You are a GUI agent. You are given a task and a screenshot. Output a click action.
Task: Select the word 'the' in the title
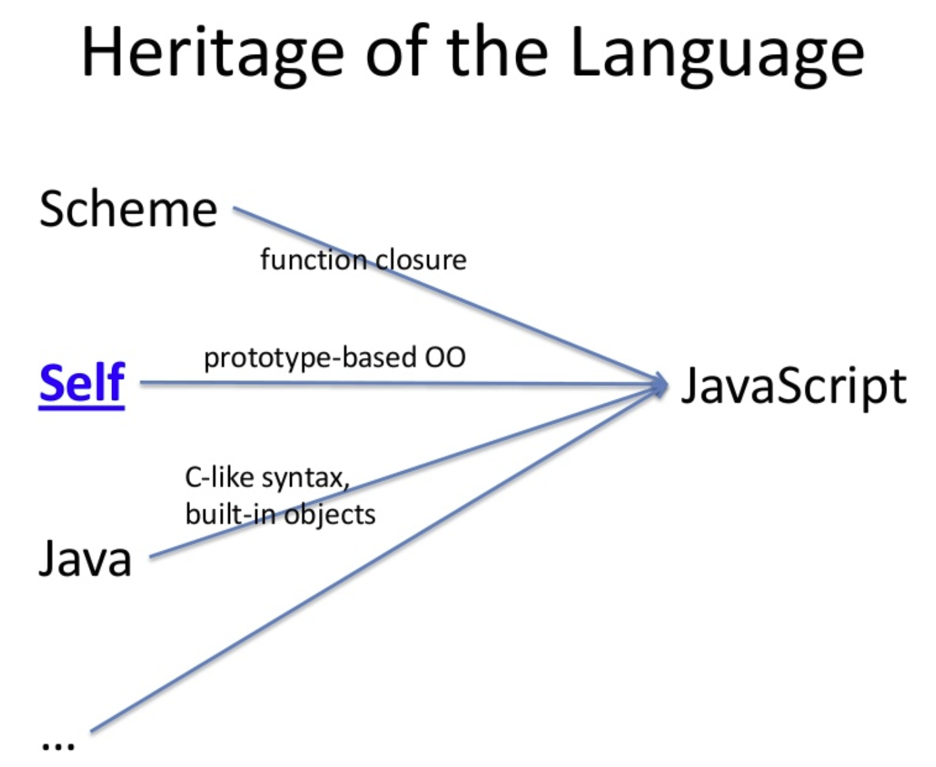coord(497,53)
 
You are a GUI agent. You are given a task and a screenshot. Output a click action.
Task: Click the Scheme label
coord(128,210)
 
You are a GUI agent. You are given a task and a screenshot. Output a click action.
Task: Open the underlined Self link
coord(82,383)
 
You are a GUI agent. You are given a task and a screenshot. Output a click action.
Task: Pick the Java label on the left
coord(85,559)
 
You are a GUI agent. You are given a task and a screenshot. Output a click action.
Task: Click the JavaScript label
coord(793,387)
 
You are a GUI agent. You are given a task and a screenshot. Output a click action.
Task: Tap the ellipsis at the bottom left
coord(58,745)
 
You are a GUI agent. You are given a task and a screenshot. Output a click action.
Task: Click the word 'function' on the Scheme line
coord(312,260)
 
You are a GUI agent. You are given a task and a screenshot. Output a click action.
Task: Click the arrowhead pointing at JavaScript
coord(659,384)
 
